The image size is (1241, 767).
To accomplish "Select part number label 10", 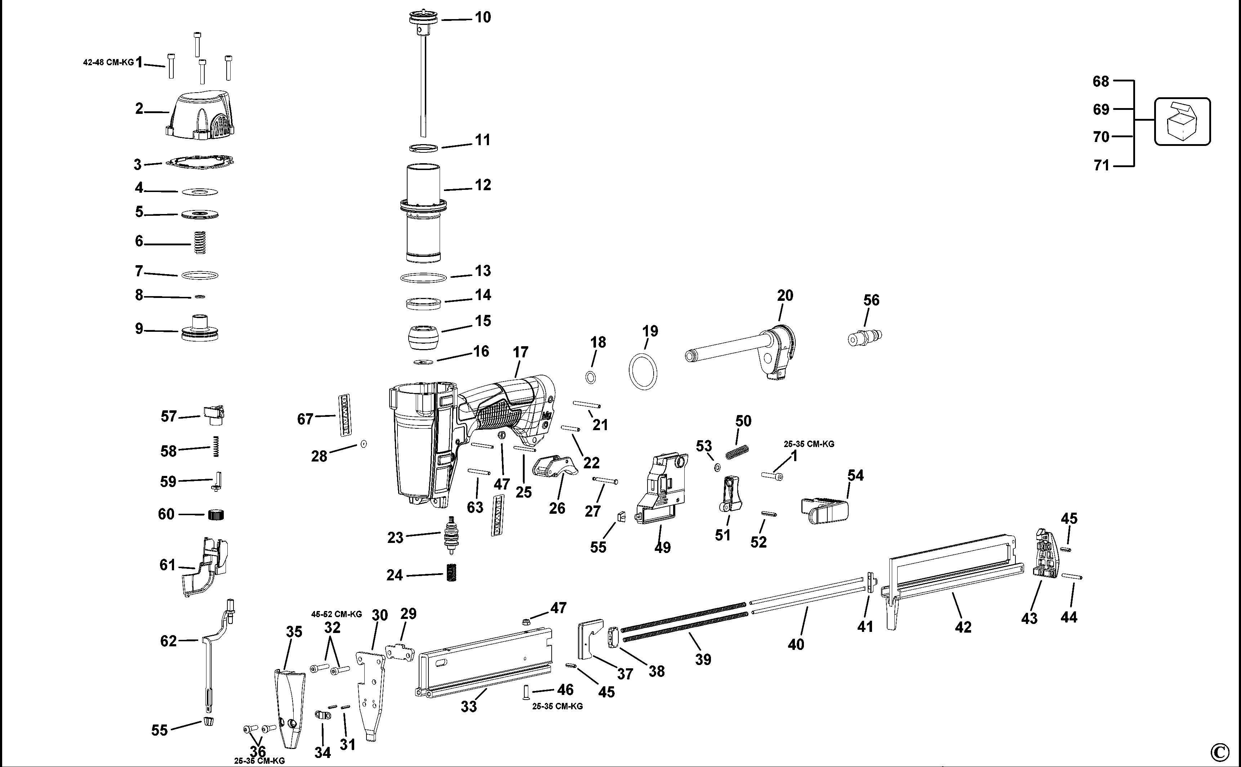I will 482,17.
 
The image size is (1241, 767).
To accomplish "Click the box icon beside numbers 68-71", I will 1182,122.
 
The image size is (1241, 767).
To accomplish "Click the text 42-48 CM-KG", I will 108,63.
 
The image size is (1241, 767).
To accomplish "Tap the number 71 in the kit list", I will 1102,166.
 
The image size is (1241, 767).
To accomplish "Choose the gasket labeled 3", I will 200,162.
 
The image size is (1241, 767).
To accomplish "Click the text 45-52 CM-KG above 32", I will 337,614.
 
